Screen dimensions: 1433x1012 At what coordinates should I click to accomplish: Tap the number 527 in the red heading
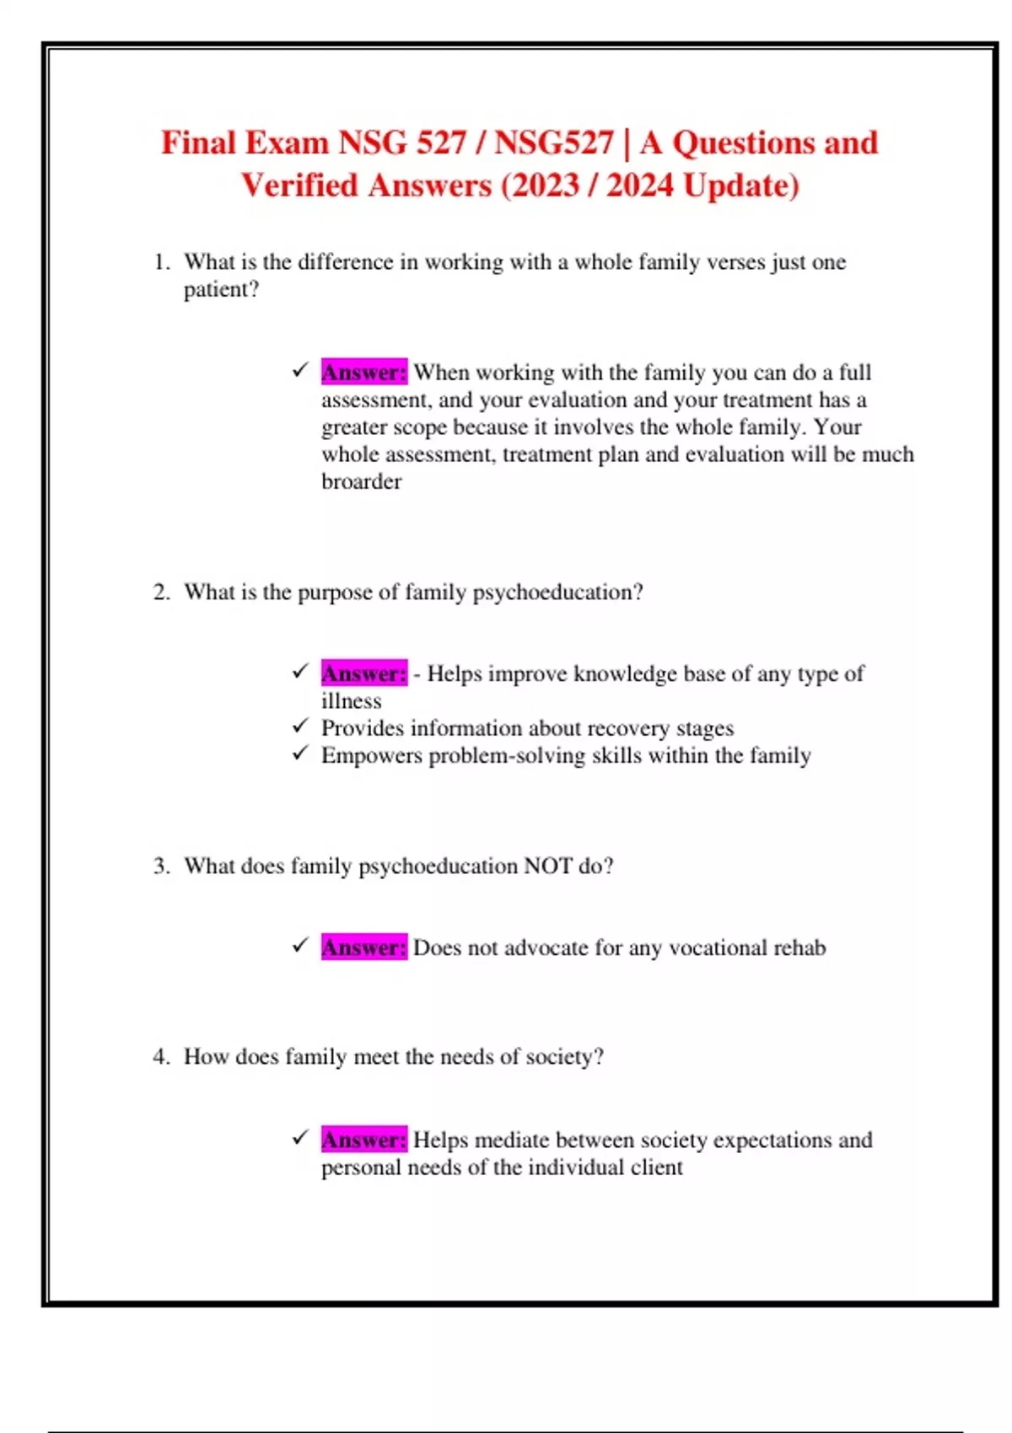coord(440,142)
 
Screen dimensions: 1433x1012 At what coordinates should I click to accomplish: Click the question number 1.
coord(161,262)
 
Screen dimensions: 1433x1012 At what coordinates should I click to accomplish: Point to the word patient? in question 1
coord(221,290)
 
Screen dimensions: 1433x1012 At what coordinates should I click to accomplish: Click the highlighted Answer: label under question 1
coord(363,372)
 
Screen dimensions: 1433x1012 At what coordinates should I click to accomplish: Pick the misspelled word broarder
coord(361,481)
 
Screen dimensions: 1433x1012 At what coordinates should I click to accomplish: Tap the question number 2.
coord(161,593)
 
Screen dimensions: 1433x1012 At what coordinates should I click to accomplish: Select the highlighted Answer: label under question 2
coord(363,674)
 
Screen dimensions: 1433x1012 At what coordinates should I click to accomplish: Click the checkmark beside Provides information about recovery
coord(301,726)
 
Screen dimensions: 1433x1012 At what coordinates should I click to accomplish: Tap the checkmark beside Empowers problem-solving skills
coord(301,753)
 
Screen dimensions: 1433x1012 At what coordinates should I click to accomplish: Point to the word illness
coord(351,701)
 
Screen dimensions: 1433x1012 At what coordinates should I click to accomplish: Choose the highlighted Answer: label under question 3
coord(363,947)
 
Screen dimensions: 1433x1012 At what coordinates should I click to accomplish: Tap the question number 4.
coord(161,1057)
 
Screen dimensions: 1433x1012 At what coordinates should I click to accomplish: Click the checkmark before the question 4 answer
coord(301,1138)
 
